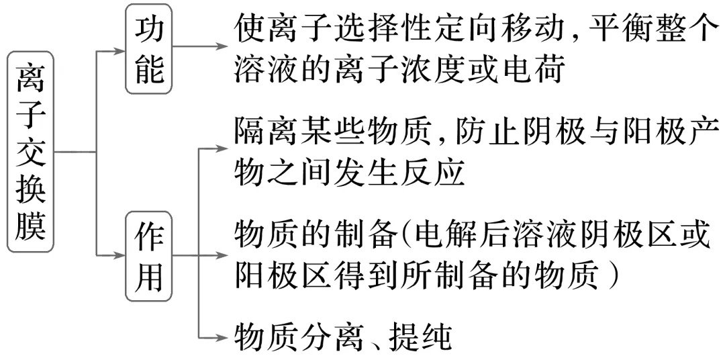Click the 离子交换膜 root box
click(31, 151)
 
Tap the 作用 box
click(149, 255)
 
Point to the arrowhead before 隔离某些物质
click(222, 146)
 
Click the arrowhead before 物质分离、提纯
click(222, 336)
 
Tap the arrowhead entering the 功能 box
click(122, 48)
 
